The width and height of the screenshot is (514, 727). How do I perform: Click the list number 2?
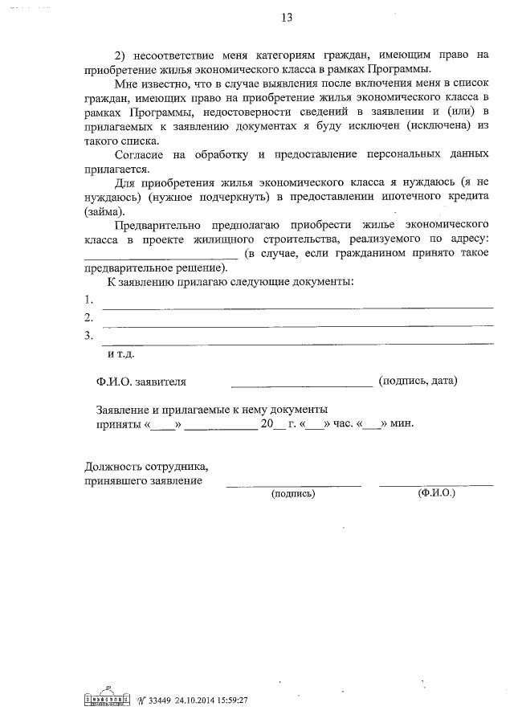pos(88,318)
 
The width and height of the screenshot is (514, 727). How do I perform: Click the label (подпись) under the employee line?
pos(293,493)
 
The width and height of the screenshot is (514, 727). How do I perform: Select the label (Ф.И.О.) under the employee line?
pos(436,492)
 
